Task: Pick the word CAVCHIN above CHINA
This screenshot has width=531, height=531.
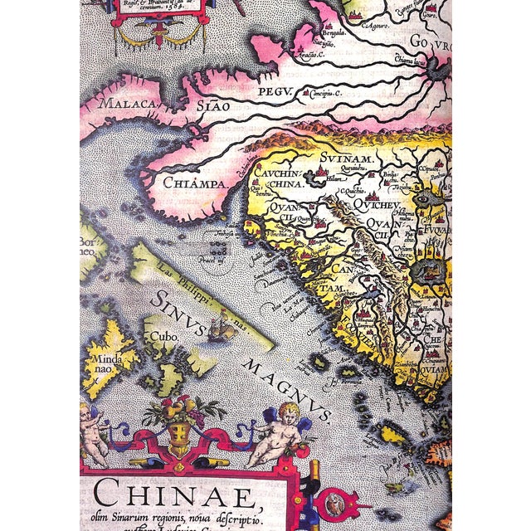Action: tap(281, 173)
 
